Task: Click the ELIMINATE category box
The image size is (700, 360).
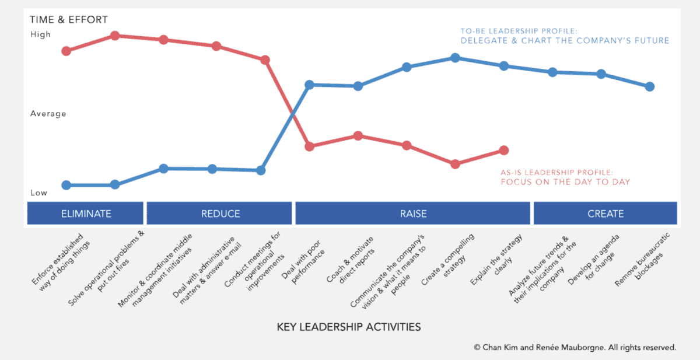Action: tap(85, 214)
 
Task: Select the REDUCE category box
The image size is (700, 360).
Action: tap(220, 214)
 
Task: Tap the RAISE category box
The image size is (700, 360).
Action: tap(413, 214)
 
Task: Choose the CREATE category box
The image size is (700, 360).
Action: tap(605, 214)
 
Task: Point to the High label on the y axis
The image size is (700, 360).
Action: tap(40, 34)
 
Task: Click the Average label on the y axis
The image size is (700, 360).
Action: tap(48, 114)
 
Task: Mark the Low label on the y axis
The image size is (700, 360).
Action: tap(39, 193)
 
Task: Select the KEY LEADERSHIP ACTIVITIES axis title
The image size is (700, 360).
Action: tap(348, 327)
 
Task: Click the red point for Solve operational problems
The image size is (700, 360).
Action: tap(115, 36)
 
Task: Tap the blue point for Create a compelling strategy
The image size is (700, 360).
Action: tap(455, 58)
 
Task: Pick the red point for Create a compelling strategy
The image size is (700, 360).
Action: tap(456, 164)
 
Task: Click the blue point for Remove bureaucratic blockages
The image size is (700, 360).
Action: tap(649, 86)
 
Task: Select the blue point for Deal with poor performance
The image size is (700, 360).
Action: tap(310, 85)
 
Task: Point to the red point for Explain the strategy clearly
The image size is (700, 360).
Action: tap(504, 151)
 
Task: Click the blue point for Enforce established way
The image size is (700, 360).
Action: tap(66, 185)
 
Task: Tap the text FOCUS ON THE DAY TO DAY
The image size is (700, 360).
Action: tap(565, 182)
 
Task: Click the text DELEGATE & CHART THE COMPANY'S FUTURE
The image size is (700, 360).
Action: tap(565, 41)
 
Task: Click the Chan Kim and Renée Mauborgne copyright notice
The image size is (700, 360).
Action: tap(575, 347)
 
